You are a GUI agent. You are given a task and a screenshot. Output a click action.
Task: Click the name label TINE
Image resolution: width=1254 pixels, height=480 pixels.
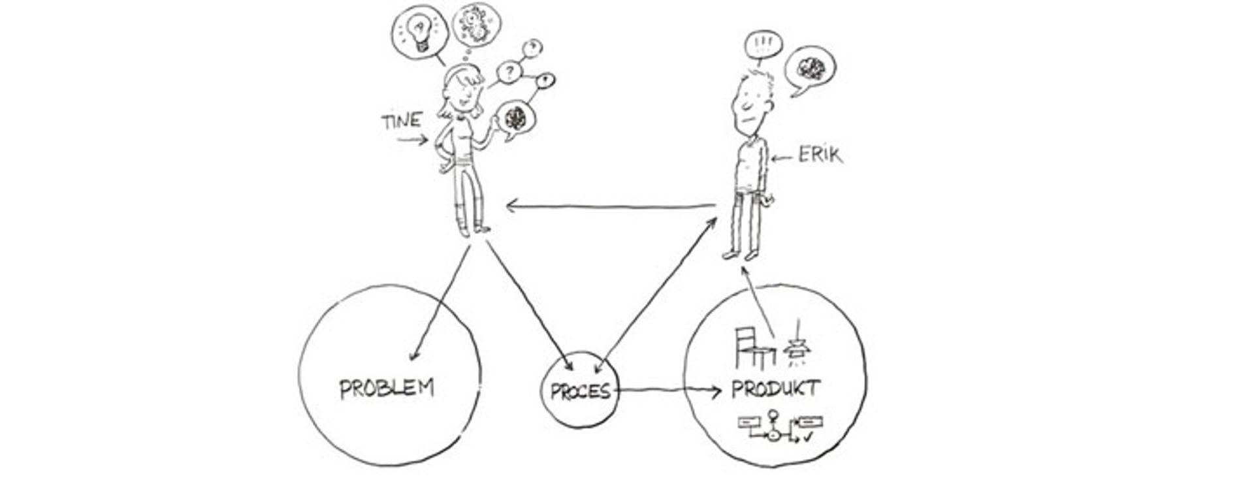(401, 121)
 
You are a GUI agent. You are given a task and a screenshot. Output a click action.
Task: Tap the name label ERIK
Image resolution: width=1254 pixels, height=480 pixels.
(820, 155)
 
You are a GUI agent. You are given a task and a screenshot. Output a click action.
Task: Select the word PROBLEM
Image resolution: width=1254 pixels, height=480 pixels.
(387, 389)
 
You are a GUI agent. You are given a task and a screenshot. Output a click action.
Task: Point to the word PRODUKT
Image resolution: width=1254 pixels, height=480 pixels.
(775, 389)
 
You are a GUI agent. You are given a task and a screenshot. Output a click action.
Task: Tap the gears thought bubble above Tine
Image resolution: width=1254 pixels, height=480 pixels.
(475, 25)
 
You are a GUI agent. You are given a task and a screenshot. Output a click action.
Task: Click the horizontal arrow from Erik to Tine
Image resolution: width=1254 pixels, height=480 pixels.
(611, 206)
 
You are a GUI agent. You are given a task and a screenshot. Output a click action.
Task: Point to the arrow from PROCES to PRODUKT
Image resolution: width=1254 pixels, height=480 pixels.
(669, 391)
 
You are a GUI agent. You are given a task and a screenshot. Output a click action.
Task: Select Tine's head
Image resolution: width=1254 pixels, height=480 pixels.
(464, 90)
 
